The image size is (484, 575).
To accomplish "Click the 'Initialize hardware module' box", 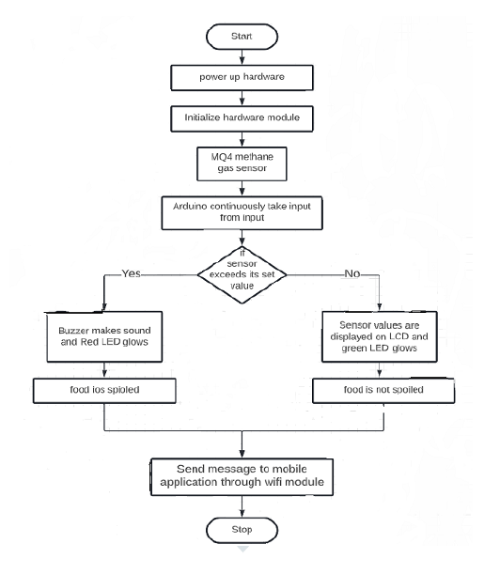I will (244, 118).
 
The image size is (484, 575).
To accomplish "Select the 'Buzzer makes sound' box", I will (100, 337).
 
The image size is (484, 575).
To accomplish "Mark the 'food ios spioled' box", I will (100, 388).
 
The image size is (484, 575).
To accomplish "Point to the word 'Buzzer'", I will (66, 331).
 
